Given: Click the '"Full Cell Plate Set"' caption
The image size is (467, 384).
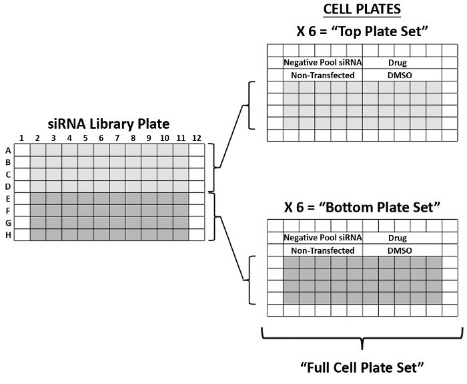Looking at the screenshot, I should coord(362,367).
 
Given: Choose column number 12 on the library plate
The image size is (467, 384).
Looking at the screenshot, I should coord(197,138).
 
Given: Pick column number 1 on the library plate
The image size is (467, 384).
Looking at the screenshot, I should coord(21,138).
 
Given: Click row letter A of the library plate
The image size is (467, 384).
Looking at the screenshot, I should coord(7,150).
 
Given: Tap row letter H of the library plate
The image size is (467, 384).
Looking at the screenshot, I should coord(7,234).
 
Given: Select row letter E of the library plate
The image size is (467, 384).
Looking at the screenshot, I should coord(7,198).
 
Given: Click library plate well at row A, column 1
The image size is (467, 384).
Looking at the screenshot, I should coord(22,150).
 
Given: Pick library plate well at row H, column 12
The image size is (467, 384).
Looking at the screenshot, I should coord(197,234).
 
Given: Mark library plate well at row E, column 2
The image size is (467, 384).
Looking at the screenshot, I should coord(38,198).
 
